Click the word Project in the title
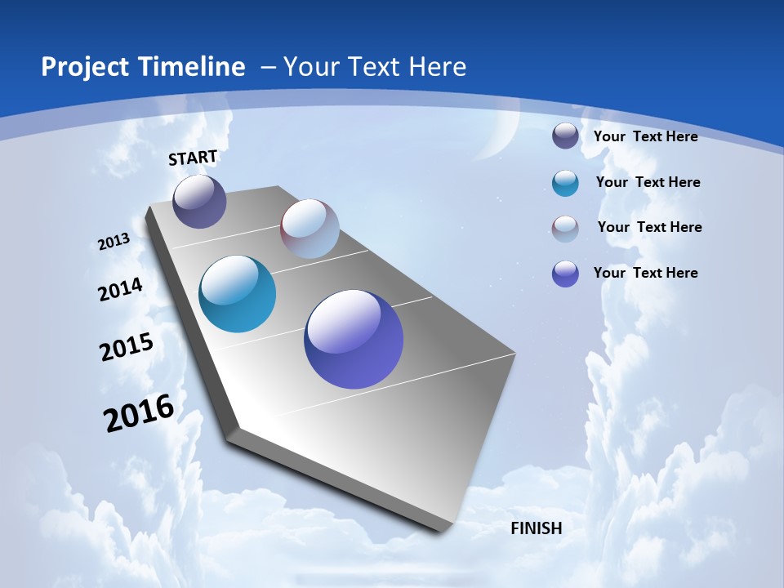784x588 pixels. (x=82, y=67)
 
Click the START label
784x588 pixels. (x=193, y=158)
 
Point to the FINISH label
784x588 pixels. (x=536, y=528)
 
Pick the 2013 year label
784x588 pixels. (x=114, y=242)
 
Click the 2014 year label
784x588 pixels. (x=120, y=289)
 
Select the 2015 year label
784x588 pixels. (x=126, y=346)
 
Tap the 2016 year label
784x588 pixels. (x=139, y=413)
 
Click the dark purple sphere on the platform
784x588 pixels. (x=199, y=201)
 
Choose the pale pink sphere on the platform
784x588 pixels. (x=310, y=229)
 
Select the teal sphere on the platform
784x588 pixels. (x=237, y=294)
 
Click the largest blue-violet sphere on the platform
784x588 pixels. (x=354, y=339)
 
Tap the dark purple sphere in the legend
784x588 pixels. (x=565, y=136)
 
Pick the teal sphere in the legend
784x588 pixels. (x=565, y=183)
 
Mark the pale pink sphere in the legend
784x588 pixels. (x=565, y=229)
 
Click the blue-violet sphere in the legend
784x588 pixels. (x=565, y=274)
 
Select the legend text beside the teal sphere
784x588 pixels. (x=648, y=182)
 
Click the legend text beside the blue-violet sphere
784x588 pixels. (x=645, y=273)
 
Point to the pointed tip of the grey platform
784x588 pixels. (x=445, y=529)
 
